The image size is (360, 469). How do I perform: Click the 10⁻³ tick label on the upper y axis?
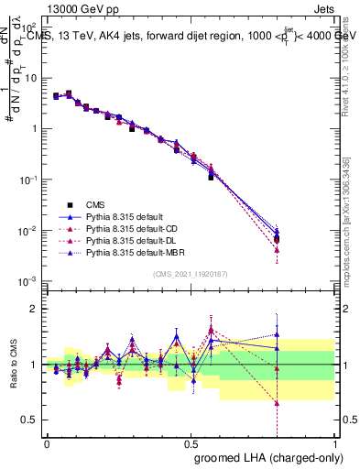tap(28, 280)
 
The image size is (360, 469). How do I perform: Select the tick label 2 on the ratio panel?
tap(36, 309)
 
